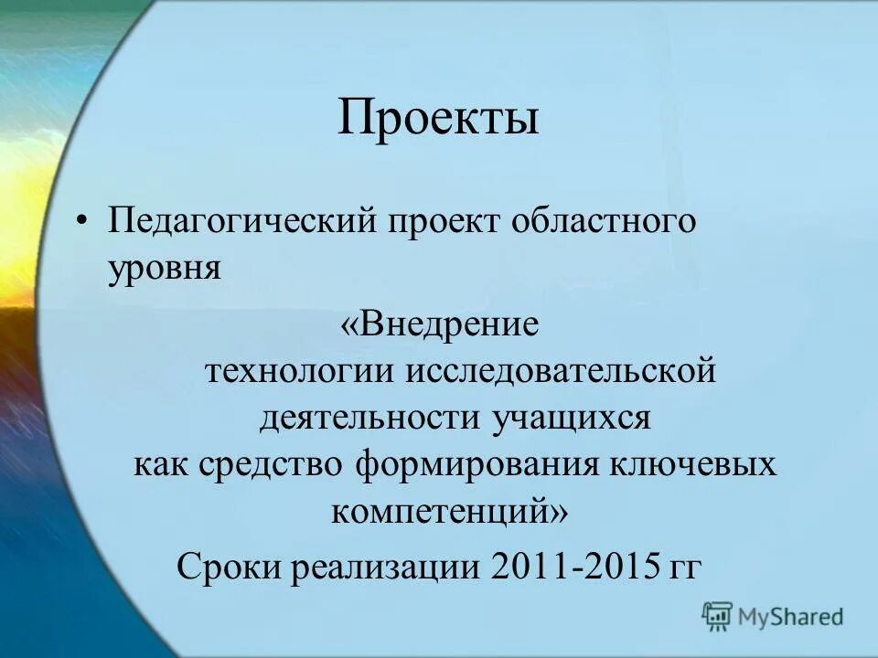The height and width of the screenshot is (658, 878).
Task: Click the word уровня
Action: click(165, 269)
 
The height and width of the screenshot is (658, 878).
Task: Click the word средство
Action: click(271, 465)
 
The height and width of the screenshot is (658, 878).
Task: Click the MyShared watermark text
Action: click(790, 617)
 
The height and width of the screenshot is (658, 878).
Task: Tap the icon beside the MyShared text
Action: click(718, 616)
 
